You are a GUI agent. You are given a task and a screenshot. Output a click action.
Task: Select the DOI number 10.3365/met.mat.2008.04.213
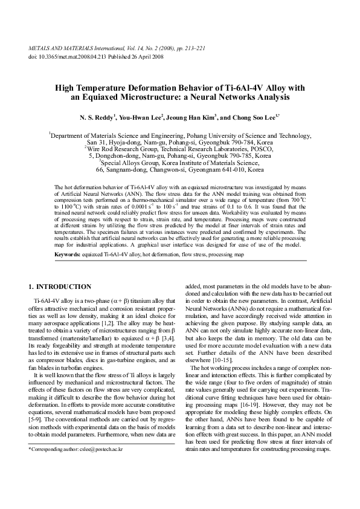69,56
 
